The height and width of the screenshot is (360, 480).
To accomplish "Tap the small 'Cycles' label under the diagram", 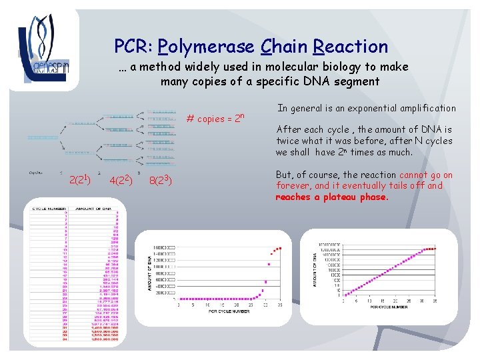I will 36,172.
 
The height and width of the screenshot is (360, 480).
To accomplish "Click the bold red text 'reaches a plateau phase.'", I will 332,197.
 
